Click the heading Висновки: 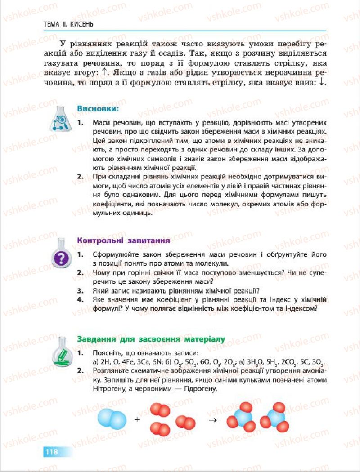pos(98,109)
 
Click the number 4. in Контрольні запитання pos(81,299)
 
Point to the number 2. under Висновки pos(81,177)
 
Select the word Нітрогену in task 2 pos(108,389)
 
